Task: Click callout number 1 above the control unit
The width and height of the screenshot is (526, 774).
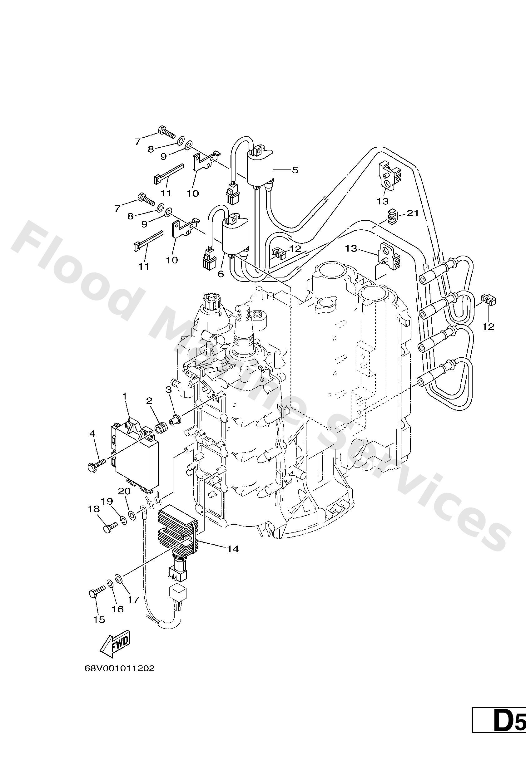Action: pos(125,396)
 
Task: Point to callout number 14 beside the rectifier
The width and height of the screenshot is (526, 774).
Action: pos(233,549)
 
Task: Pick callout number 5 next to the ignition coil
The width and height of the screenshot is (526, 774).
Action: pos(295,170)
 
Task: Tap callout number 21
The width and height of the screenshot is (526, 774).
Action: pos(413,213)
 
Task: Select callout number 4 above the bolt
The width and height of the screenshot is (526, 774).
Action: pos(92,434)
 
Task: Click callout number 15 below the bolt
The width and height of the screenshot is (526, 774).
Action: pos(99,619)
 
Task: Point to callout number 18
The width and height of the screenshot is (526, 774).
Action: pos(94,509)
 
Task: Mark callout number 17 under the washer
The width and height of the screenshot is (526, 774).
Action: pos(133,600)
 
